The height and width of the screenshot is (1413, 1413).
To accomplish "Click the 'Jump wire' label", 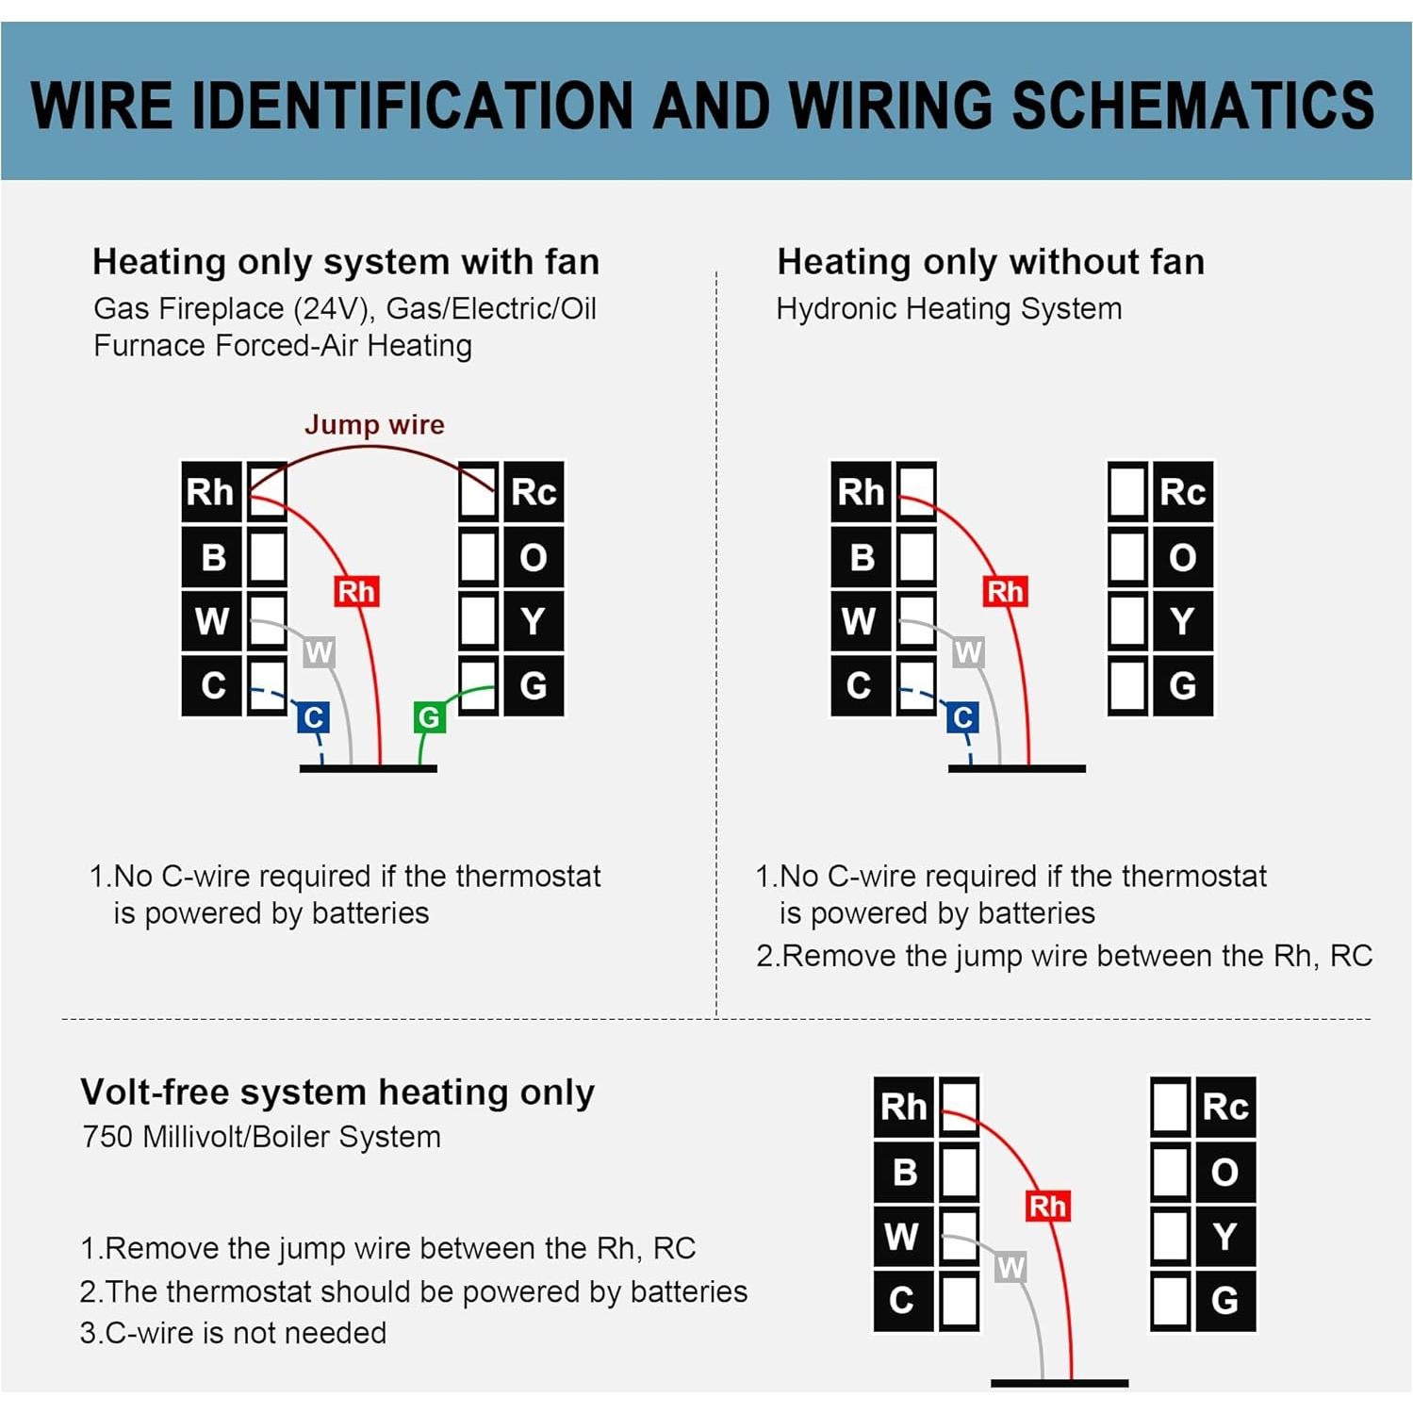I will tap(374, 424).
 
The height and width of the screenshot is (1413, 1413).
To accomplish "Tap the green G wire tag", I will tap(429, 718).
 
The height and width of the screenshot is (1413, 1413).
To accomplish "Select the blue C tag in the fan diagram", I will tap(313, 718).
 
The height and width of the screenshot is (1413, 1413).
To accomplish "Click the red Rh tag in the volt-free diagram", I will tap(1047, 1206).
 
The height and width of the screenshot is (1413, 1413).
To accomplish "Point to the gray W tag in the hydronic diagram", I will tap(968, 652).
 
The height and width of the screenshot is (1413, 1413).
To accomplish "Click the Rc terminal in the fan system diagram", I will tap(534, 492).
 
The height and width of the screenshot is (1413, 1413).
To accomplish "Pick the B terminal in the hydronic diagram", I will tap(861, 557).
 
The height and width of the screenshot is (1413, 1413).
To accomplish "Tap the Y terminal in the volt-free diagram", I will tap(1224, 1237).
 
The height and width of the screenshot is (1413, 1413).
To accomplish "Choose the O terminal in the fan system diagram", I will tap(534, 557).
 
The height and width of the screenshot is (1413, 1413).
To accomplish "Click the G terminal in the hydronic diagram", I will tap(1183, 685).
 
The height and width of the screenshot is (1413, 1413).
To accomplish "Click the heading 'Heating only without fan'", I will tap(991, 262).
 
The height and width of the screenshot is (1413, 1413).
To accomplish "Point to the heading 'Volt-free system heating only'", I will tap(337, 1092).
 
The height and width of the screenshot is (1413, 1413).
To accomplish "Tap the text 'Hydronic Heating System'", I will tap(949, 308).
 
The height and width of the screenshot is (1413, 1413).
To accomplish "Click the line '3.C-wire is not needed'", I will tap(233, 1333).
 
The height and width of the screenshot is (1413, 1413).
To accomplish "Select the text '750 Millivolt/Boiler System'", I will tap(261, 1137).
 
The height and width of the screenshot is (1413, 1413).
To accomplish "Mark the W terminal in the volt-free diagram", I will tap(902, 1237).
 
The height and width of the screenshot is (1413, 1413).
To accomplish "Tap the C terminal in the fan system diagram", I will tap(213, 685).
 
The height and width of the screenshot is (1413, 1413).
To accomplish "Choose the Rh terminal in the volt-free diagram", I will tap(903, 1107).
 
